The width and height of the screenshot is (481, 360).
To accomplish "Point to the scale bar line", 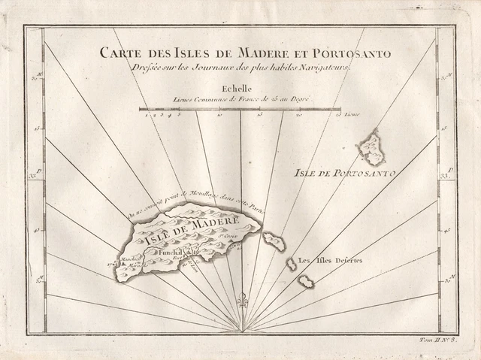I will [239, 110].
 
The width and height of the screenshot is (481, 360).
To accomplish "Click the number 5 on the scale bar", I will [179, 115].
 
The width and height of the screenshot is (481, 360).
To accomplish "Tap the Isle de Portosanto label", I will [343, 172].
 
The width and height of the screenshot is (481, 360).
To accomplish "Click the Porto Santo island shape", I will [371, 148].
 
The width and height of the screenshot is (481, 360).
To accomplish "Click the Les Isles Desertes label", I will [331, 261].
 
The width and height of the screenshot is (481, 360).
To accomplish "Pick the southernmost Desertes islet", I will [305, 281].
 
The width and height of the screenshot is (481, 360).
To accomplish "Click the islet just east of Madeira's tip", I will [274, 241].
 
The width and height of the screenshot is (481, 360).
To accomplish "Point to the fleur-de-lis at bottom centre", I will [242, 302].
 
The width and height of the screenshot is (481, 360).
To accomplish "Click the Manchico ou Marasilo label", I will [129, 261].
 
